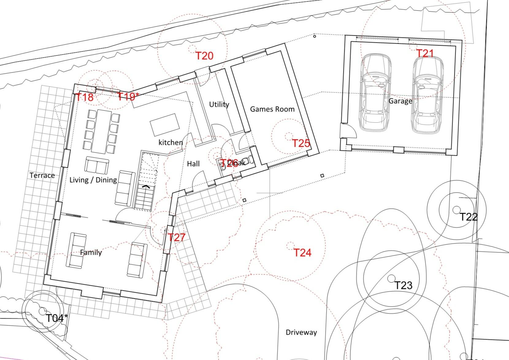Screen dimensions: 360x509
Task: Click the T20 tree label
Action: click(x=204, y=56)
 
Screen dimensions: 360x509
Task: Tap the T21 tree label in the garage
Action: click(x=425, y=53)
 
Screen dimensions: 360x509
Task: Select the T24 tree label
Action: click(x=302, y=253)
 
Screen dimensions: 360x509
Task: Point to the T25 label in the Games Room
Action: click(x=301, y=143)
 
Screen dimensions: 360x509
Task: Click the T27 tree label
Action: click(x=177, y=237)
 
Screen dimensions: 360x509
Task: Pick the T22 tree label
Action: click(x=469, y=217)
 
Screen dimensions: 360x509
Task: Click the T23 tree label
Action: click(x=403, y=285)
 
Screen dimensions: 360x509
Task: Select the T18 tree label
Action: click(x=84, y=97)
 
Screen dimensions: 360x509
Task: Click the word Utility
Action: click(x=219, y=105)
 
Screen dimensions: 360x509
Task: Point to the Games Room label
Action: click(x=272, y=109)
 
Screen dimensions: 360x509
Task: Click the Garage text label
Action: click(x=400, y=101)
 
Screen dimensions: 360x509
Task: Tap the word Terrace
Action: click(x=42, y=175)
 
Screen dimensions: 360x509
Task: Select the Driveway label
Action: click(x=301, y=332)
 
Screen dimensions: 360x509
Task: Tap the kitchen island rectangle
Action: click(x=165, y=124)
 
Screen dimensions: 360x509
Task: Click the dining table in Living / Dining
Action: click(x=101, y=131)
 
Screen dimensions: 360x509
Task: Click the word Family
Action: click(x=91, y=252)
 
